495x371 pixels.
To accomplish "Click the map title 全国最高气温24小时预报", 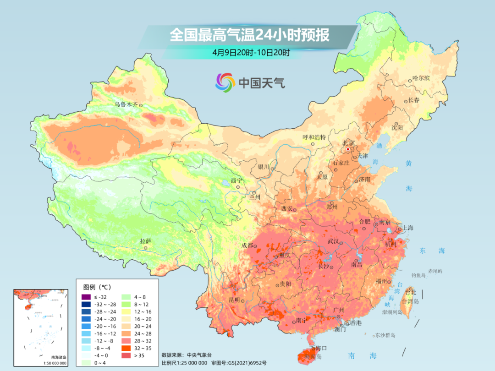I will (249, 35).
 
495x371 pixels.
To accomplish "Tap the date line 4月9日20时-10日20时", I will (251, 53).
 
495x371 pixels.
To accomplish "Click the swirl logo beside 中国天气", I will (225, 82).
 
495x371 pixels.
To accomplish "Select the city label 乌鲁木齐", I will (126, 104).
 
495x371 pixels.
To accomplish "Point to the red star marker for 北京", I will (348, 149).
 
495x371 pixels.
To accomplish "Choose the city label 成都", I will (247, 245).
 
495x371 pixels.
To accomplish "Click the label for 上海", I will (407, 228).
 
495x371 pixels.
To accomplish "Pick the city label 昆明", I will (234, 300).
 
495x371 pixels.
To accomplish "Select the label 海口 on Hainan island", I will (321, 349).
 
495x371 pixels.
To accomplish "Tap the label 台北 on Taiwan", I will (410, 292).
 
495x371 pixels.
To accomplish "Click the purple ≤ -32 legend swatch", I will (85, 297).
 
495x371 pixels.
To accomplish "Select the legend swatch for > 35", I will (125, 355).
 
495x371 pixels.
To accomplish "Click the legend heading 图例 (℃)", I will (97, 287).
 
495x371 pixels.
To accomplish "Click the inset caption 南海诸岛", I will (40, 357).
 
